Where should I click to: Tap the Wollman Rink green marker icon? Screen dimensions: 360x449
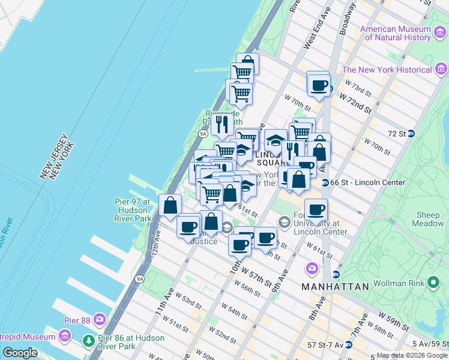coord(433,283)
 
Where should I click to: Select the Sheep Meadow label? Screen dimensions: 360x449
coord(428,219)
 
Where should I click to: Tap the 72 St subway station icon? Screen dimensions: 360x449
coord(411,133)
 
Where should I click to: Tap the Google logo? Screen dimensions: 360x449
coord(20,353)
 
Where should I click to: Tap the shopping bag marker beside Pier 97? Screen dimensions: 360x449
coord(170,205)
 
